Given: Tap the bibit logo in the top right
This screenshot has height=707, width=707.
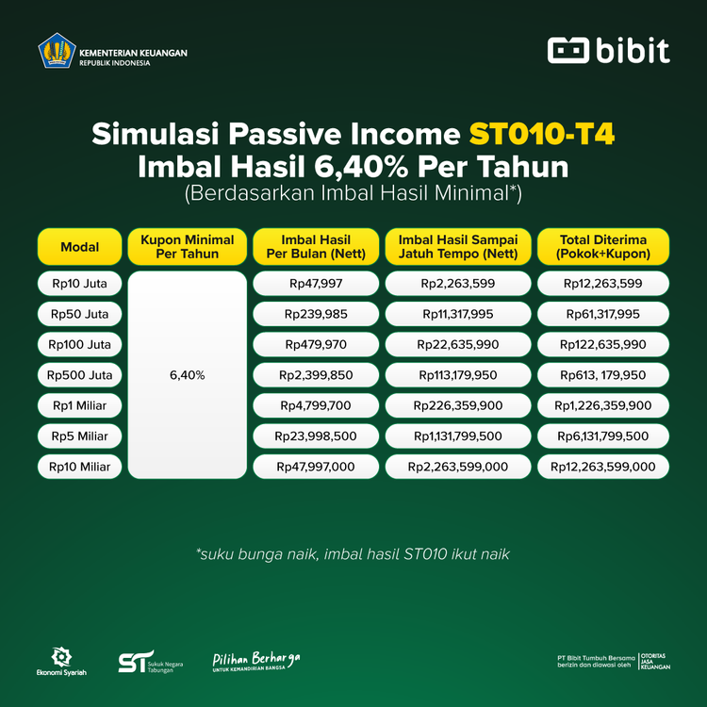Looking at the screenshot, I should coord(609,51).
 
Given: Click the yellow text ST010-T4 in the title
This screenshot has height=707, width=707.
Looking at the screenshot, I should coord(542,134).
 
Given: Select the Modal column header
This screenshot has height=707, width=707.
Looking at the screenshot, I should coord(80,247).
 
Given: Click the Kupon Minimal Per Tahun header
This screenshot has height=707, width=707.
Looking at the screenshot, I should coord(188,247).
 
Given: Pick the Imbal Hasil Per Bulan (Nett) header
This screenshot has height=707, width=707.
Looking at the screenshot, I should coord(317,247).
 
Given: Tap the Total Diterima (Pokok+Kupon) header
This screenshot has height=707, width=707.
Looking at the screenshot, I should coord(603,247).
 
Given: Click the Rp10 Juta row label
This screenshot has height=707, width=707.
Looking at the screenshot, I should coord(80,284).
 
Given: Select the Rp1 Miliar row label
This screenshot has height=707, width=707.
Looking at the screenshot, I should coord(80,405).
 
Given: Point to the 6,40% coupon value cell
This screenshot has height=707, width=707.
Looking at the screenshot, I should coord(188,375).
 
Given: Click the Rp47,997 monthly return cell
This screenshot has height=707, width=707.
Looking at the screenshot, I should coord(317,284).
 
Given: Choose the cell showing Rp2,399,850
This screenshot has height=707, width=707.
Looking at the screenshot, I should coord(317,375).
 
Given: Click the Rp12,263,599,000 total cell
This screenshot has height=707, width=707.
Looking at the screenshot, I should coord(603,467).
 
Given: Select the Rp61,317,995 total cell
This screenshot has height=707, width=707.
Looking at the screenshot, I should coord(603,314).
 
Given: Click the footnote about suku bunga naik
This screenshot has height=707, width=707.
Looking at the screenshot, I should coord(353,554).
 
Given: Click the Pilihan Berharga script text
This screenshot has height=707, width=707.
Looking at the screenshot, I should coord(256,659).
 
